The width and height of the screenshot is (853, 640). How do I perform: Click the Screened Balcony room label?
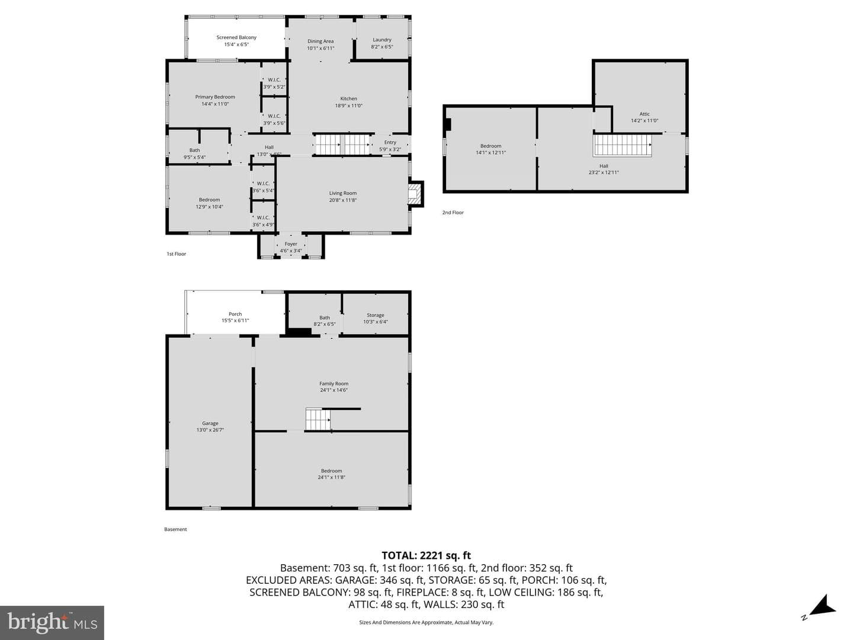(236, 37)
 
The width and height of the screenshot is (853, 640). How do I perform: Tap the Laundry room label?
(382, 40)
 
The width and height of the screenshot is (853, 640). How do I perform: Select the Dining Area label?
(320, 41)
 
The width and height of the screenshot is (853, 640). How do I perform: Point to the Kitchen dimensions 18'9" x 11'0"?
(348, 105)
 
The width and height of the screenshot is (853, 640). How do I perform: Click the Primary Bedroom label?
(215, 97)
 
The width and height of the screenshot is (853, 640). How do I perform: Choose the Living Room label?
(343, 193)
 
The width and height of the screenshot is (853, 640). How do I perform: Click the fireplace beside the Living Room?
(415, 194)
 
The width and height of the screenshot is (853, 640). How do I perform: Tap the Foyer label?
(291, 244)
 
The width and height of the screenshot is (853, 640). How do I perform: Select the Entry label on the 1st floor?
(390, 143)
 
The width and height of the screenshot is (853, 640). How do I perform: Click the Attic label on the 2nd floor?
(644, 114)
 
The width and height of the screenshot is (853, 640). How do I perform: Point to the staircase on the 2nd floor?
(622, 145)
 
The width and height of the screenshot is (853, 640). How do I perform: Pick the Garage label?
(210, 423)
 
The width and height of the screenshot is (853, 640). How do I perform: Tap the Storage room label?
(376, 315)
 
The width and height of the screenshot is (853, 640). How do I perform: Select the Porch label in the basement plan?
(235, 314)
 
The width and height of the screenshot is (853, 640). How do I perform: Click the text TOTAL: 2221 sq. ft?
(426, 555)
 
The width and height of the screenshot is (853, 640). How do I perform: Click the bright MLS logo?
(52, 622)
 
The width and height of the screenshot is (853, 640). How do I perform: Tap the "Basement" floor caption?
(175, 529)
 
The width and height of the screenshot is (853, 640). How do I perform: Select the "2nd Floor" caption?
(453, 213)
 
